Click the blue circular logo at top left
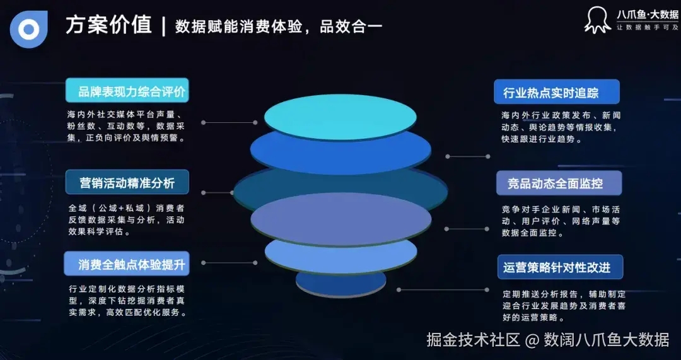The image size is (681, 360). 28,29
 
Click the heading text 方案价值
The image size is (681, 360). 108,25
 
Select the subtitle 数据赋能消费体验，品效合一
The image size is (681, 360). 278,26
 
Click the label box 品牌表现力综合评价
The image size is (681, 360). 127,91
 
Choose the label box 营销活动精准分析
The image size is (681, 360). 127,183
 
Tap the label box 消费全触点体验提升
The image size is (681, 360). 127,264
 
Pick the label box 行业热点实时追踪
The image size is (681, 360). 556,92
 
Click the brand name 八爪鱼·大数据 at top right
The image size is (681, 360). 647,14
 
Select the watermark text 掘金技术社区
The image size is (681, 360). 474,340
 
